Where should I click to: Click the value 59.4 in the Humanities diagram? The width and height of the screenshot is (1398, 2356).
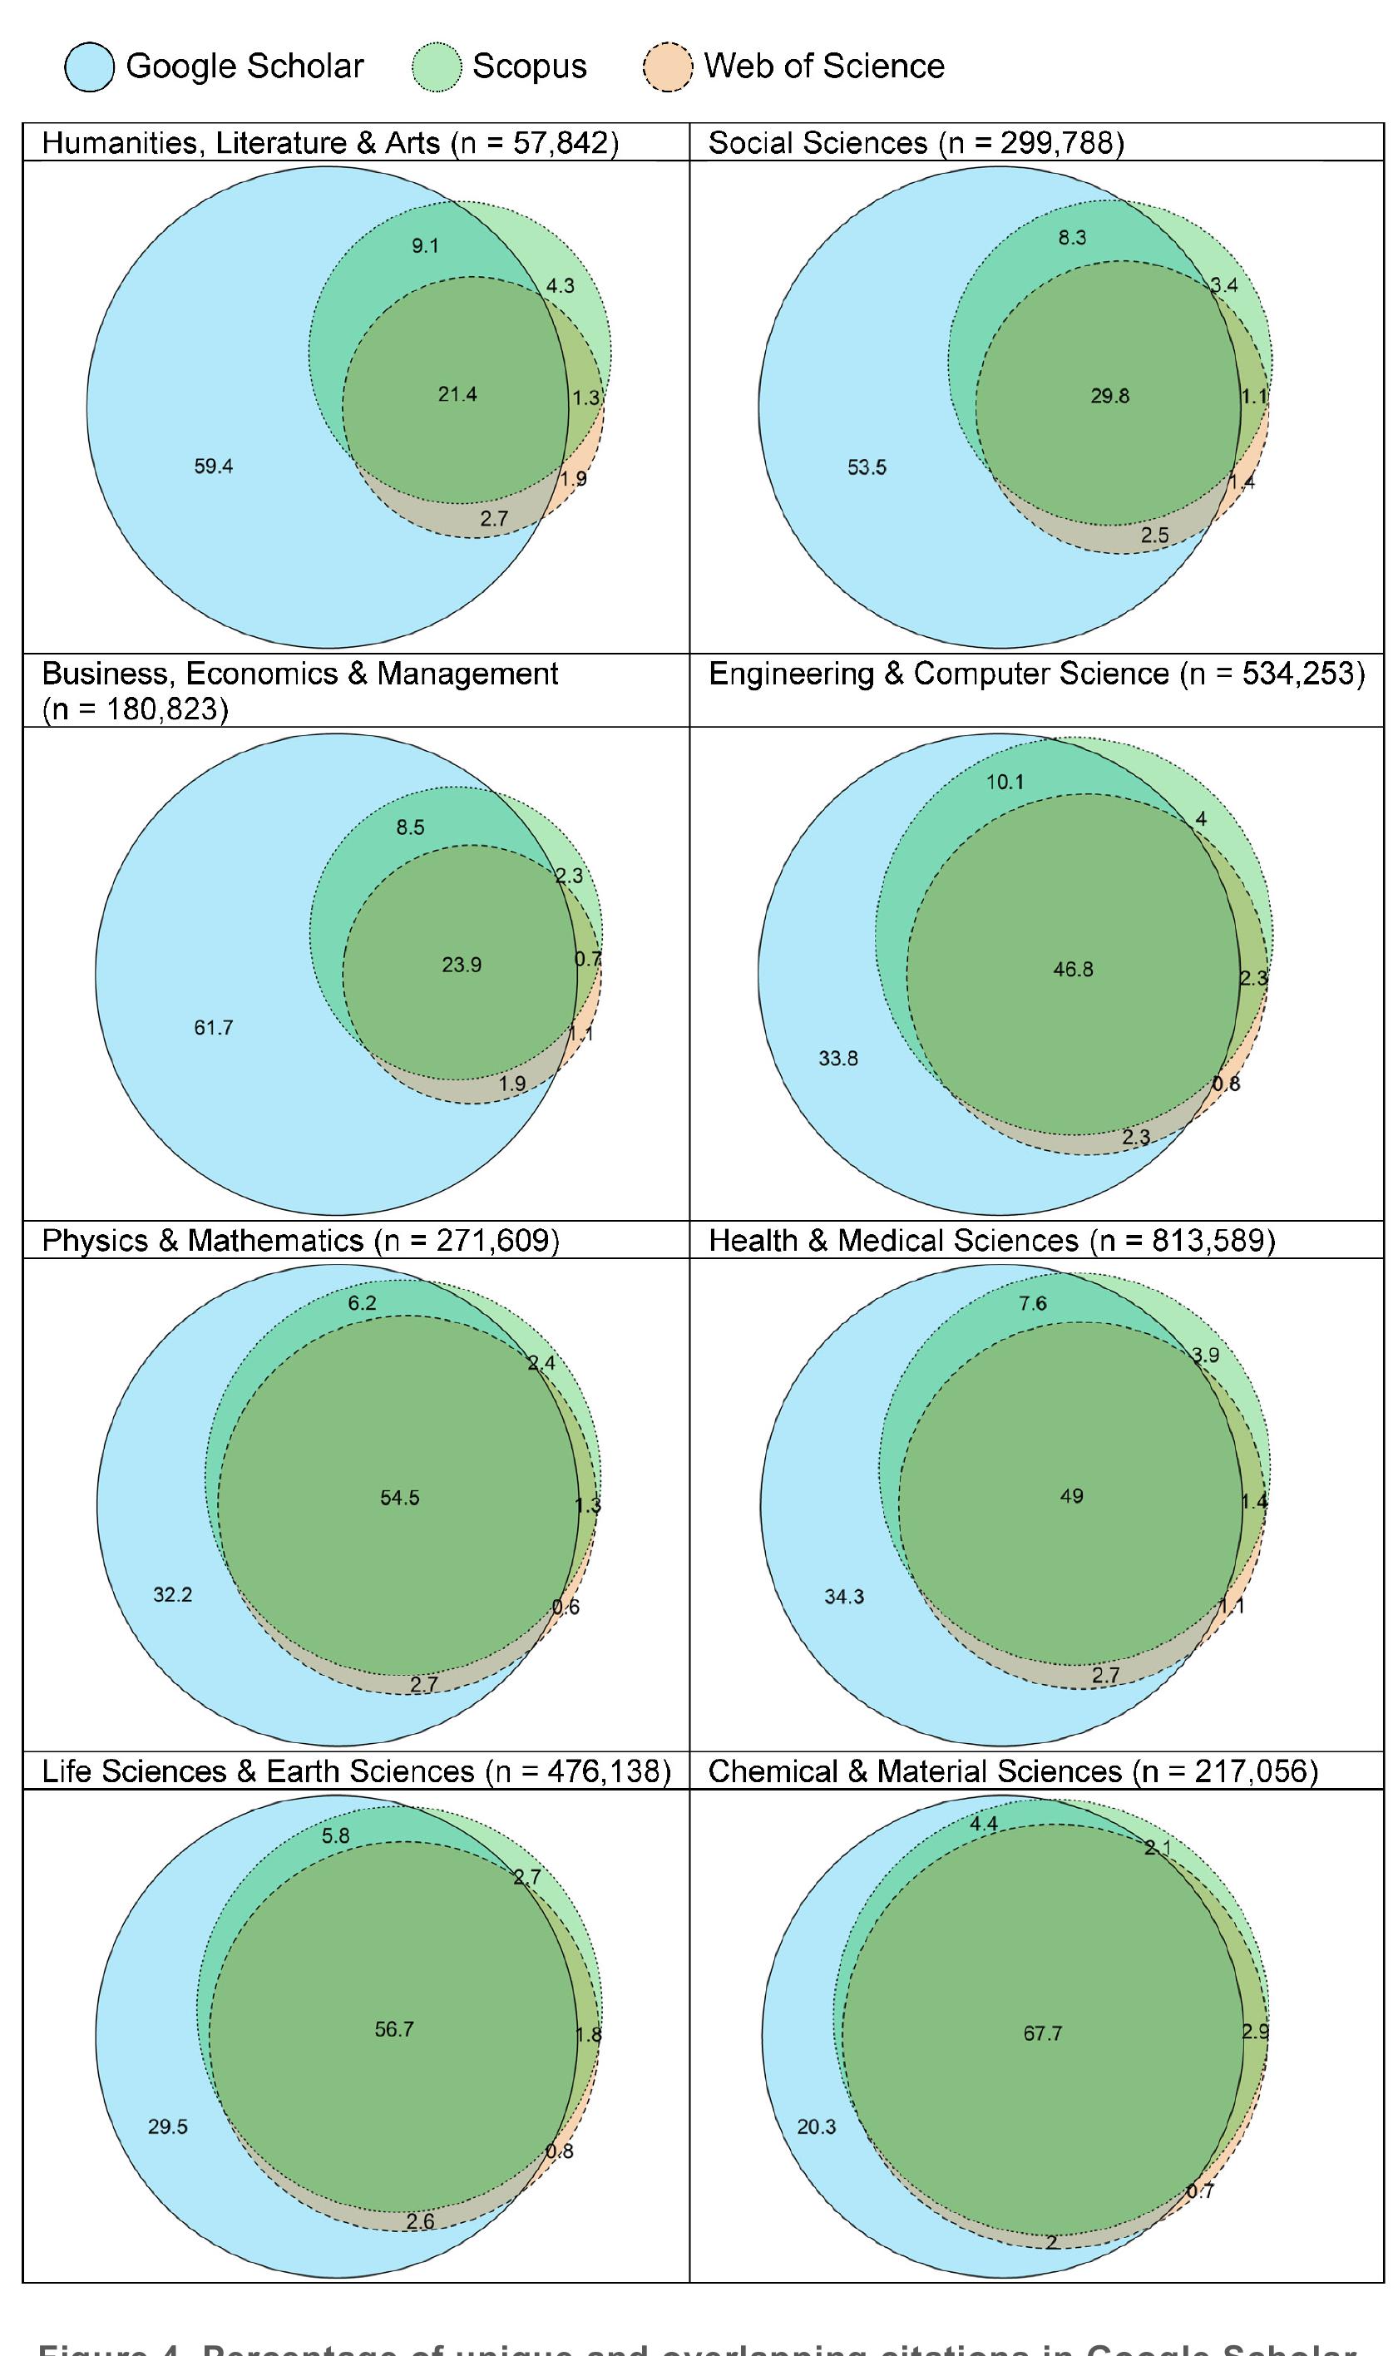point(214,467)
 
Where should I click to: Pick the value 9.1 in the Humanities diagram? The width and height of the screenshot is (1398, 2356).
point(425,246)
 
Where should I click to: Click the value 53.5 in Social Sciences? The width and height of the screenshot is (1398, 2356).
point(867,467)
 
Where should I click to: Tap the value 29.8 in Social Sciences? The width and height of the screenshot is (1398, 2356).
point(1109,396)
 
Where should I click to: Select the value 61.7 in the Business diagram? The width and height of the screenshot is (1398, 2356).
point(214,1028)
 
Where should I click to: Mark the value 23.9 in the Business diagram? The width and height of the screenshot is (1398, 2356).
point(462,965)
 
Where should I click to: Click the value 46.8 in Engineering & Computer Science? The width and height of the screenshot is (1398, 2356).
point(1073,970)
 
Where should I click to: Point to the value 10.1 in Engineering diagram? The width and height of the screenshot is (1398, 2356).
point(1005,782)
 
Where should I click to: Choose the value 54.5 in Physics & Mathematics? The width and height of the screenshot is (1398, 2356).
point(400,1498)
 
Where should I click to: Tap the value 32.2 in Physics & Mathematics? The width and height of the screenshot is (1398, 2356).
point(172,1595)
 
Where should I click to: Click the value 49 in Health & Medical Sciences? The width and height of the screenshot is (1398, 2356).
point(1072,1496)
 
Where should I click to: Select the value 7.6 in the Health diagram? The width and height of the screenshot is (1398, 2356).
point(1032,1304)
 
